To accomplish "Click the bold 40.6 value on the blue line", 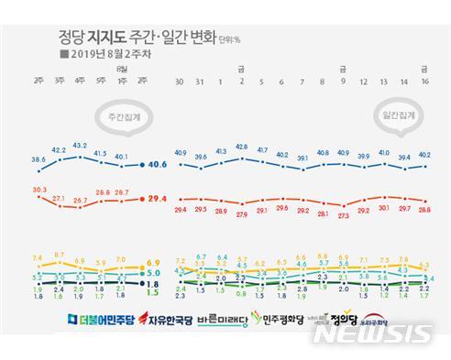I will (x=157, y=165).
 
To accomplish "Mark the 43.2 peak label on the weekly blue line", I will (x=79, y=145).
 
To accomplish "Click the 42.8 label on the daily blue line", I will (x=241, y=146).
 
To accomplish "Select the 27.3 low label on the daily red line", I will (x=343, y=215).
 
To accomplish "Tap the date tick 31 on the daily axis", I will (x=201, y=82).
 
